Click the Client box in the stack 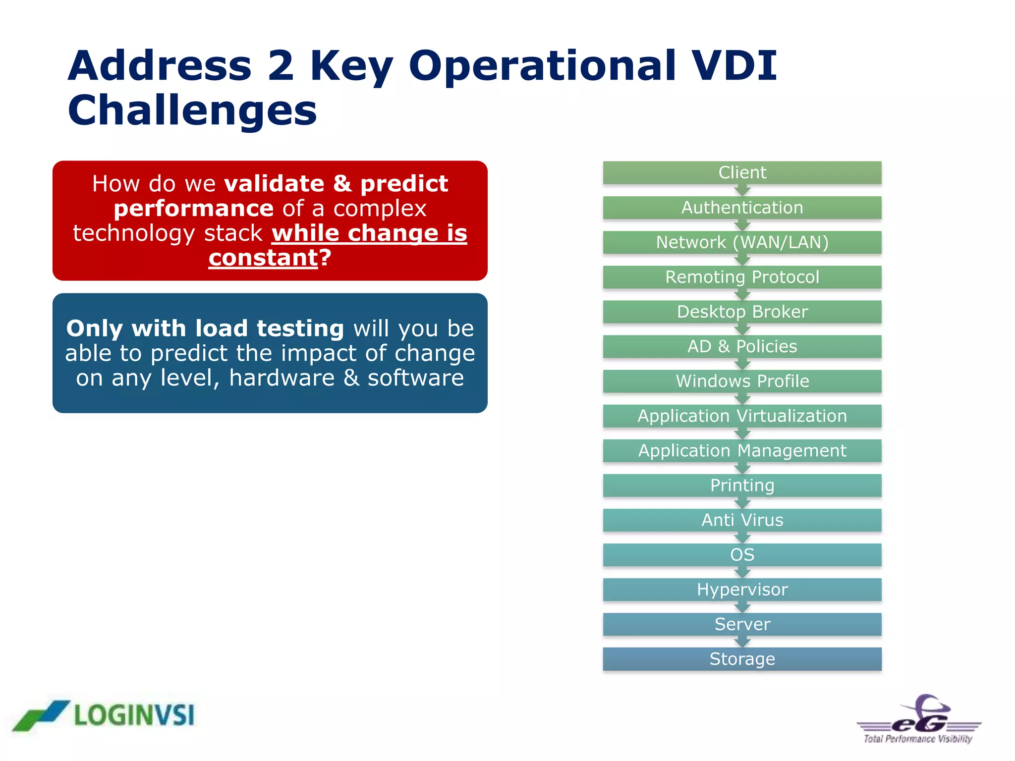742,172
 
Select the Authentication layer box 742,208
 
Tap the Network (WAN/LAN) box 742,242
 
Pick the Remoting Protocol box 742,277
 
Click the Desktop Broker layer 742,312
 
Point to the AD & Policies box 742,346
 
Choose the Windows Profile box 742,381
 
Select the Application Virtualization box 742,416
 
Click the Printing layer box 742,485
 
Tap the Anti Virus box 742,520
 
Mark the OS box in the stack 742,554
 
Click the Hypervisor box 742,589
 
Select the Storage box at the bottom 742,659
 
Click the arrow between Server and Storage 742,642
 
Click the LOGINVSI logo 104,715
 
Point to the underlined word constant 263,258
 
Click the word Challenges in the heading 192,110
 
